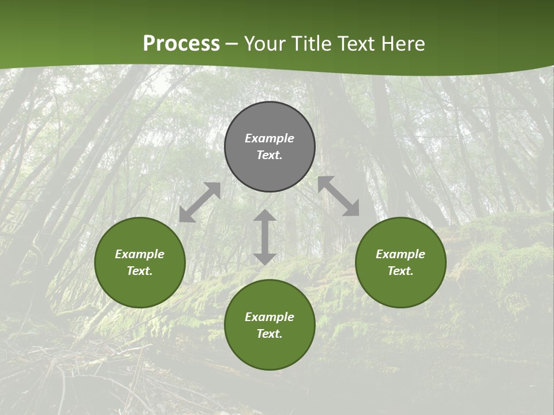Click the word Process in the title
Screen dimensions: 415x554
tap(181, 44)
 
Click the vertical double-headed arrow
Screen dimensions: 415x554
tap(265, 237)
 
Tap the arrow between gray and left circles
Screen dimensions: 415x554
tap(200, 202)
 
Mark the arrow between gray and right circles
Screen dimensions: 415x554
tap(339, 196)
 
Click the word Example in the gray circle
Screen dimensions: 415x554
tap(269, 138)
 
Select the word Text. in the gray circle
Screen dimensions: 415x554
tap(269, 155)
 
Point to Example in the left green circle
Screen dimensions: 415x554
tap(140, 254)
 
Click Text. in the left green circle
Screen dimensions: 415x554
tap(140, 271)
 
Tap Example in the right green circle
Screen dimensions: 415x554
tap(400, 254)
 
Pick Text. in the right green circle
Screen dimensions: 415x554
tap(400, 271)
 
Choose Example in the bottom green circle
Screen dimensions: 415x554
tap(269, 317)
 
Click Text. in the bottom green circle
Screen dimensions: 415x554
tap(269, 334)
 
